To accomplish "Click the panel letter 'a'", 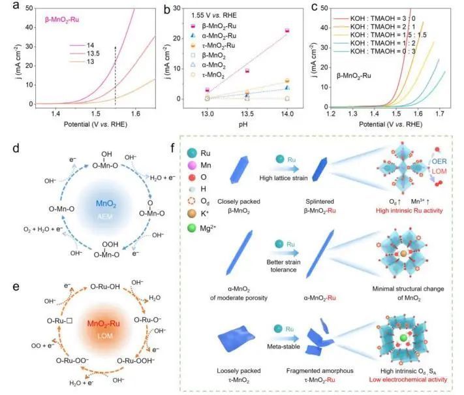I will [x=8, y=7].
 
